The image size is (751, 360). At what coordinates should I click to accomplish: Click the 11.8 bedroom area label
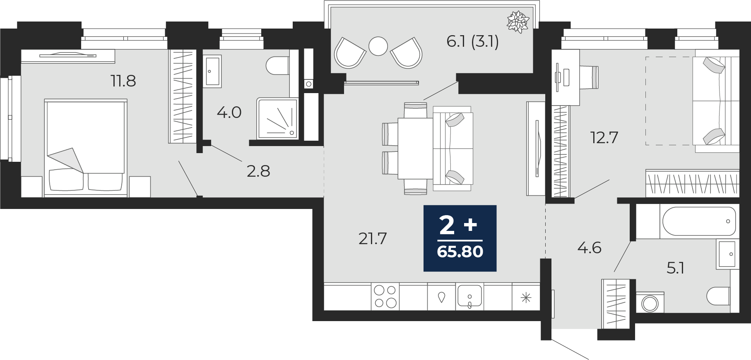tap(123, 81)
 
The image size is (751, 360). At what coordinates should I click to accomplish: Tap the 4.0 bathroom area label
tap(229, 113)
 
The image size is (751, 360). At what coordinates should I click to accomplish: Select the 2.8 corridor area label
tap(258, 171)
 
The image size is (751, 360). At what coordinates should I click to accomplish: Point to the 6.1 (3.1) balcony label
tap(472, 41)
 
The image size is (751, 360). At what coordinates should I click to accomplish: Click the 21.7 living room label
tap(373, 239)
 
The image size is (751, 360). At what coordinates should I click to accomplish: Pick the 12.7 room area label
tap(604, 138)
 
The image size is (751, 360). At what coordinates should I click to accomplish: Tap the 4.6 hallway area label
tap(589, 248)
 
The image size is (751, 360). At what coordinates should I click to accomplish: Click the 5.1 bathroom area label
tap(675, 269)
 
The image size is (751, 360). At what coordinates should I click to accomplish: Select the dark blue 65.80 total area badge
tap(460, 238)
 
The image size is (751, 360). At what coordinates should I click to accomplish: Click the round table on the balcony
tap(378, 46)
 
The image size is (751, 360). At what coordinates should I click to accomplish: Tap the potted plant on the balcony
tap(518, 22)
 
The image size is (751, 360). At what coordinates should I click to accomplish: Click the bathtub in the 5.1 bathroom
tap(699, 221)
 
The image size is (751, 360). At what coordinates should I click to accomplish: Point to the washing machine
tap(650, 303)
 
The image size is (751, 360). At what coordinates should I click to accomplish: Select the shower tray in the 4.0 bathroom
tap(277, 119)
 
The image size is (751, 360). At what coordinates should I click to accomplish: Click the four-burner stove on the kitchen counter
tap(385, 297)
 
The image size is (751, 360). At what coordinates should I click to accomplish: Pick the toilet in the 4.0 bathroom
tap(277, 66)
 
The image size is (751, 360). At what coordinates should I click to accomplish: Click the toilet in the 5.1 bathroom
tap(718, 296)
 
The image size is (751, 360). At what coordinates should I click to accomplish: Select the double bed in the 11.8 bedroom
tap(85, 148)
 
